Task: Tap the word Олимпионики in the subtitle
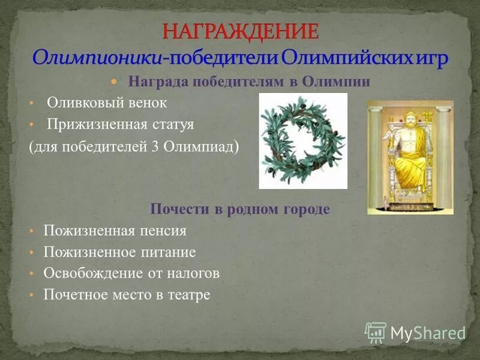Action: [96, 58]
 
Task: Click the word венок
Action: [148, 103]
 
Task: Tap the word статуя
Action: [173, 125]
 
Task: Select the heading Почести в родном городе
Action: [239, 209]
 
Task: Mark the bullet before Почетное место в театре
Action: [31, 296]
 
